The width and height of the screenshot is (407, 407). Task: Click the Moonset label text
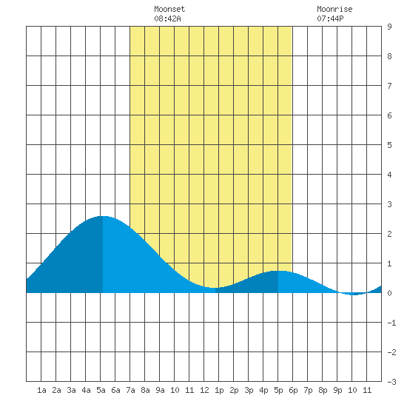point(169,9)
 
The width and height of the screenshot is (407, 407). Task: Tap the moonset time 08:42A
point(167,18)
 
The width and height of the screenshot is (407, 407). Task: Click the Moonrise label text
point(334,9)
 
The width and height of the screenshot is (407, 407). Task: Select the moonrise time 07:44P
point(330,18)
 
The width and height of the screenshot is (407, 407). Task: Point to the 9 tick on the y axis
point(389,27)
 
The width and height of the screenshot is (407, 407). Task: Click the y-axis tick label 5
point(389,145)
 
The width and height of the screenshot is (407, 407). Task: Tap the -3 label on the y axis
point(391,382)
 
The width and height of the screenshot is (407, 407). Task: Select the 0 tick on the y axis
point(389,293)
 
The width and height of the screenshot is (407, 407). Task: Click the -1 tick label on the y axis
point(391,323)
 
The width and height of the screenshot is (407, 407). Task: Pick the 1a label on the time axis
point(41,390)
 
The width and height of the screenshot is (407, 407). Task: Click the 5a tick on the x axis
point(101,390)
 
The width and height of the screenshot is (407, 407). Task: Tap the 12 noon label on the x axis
point(204,390)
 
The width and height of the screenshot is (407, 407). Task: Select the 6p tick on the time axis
point(293,390)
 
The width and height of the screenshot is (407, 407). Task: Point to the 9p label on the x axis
point(337,390)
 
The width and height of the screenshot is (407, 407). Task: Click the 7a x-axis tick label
point(130,390)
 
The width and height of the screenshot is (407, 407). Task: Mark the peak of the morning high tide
point(103,216)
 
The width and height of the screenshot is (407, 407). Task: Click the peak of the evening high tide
point(278,271)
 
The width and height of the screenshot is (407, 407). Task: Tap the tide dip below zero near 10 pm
point(354,295)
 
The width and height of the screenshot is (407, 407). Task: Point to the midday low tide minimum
point(215,288)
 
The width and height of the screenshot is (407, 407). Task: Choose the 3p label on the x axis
point(249,390)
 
